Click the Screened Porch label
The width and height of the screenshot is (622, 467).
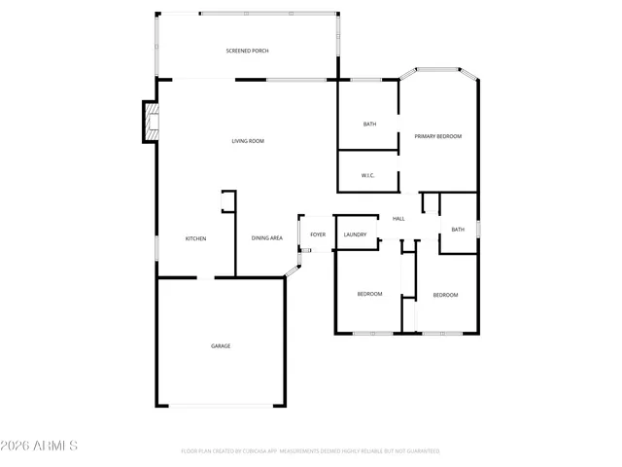point(247,51)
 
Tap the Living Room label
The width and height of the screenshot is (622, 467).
point(248,141)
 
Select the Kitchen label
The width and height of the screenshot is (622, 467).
point(195,238)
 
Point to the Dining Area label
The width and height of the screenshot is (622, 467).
point(267,238)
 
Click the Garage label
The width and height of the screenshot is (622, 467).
point(221,345)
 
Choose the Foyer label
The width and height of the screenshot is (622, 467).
point(318,234)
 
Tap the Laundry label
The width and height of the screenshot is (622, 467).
point(355,234)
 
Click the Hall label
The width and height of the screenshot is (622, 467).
point(398,219)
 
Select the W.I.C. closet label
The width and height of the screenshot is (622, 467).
point(368,175)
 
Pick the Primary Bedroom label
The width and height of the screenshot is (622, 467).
point(437,136)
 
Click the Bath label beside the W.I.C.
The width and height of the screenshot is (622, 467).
point(369,124)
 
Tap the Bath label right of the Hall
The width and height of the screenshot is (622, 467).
point(458,230)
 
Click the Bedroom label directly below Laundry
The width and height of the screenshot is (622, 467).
point(369,294)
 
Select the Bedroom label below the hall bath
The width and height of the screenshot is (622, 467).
point(445,295)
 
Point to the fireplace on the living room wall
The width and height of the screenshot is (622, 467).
point(149,121)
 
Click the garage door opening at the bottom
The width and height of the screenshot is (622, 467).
point(221,406)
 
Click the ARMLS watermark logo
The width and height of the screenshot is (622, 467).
point(39,446)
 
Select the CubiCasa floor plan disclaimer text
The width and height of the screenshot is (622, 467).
point(310,451)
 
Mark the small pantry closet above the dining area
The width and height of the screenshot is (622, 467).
point(229,201)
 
